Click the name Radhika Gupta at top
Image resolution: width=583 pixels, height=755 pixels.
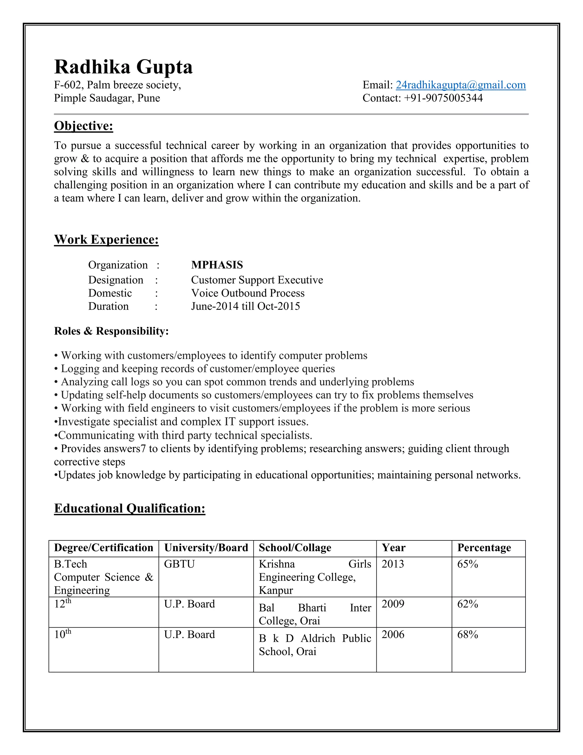point(123,67)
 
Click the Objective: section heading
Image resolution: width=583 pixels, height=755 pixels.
point(84,126)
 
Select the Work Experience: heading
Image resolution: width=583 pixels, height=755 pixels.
point(106,239)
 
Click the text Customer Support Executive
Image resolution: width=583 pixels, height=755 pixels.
point(257,280)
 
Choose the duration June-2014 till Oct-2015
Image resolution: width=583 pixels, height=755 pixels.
point(246,306)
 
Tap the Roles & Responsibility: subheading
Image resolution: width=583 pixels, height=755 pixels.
point(111,331)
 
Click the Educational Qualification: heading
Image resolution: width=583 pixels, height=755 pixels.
point(130,508)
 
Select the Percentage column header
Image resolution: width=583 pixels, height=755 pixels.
point(484,548)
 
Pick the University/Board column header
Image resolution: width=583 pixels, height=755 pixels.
point(206,548)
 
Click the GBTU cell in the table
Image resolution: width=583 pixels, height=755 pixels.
point(179,564)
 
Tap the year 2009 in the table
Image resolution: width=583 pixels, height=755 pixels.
point(393,604)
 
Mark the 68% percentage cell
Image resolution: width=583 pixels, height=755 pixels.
point(467,634)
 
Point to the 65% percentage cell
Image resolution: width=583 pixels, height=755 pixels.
point(467,564)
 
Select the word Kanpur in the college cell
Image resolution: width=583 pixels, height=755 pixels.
point(276,590)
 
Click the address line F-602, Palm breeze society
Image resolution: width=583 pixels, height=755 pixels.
point(118,85)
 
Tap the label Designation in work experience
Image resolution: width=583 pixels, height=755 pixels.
point(115,280)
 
